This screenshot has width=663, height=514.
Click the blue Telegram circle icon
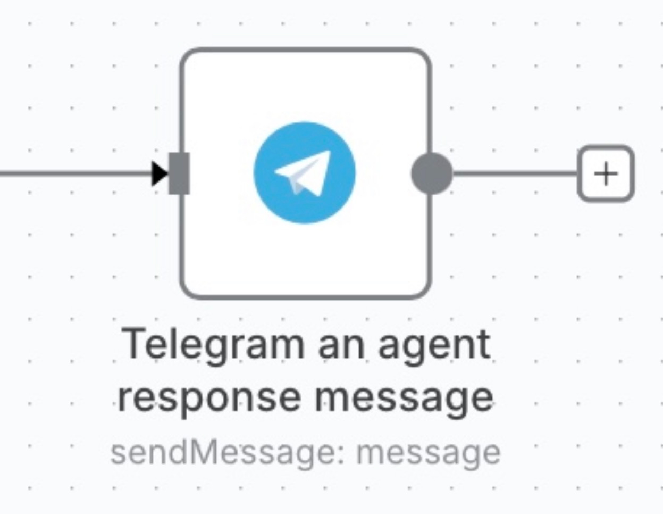305,173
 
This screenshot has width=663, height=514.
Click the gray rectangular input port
179,173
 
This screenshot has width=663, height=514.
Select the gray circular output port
432,173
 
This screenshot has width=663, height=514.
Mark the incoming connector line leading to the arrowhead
74,173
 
